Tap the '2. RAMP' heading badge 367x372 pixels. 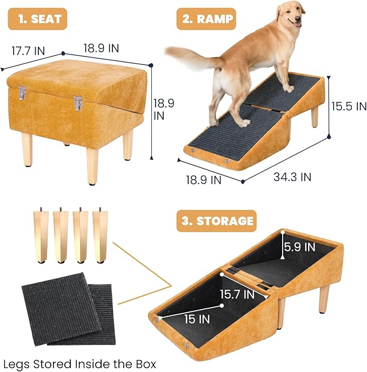206,19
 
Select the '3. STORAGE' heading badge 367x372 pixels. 216,221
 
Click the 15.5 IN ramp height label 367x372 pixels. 349,106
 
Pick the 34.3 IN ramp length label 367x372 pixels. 291,176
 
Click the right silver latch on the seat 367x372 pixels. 78,103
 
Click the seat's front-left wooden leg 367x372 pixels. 28,149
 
